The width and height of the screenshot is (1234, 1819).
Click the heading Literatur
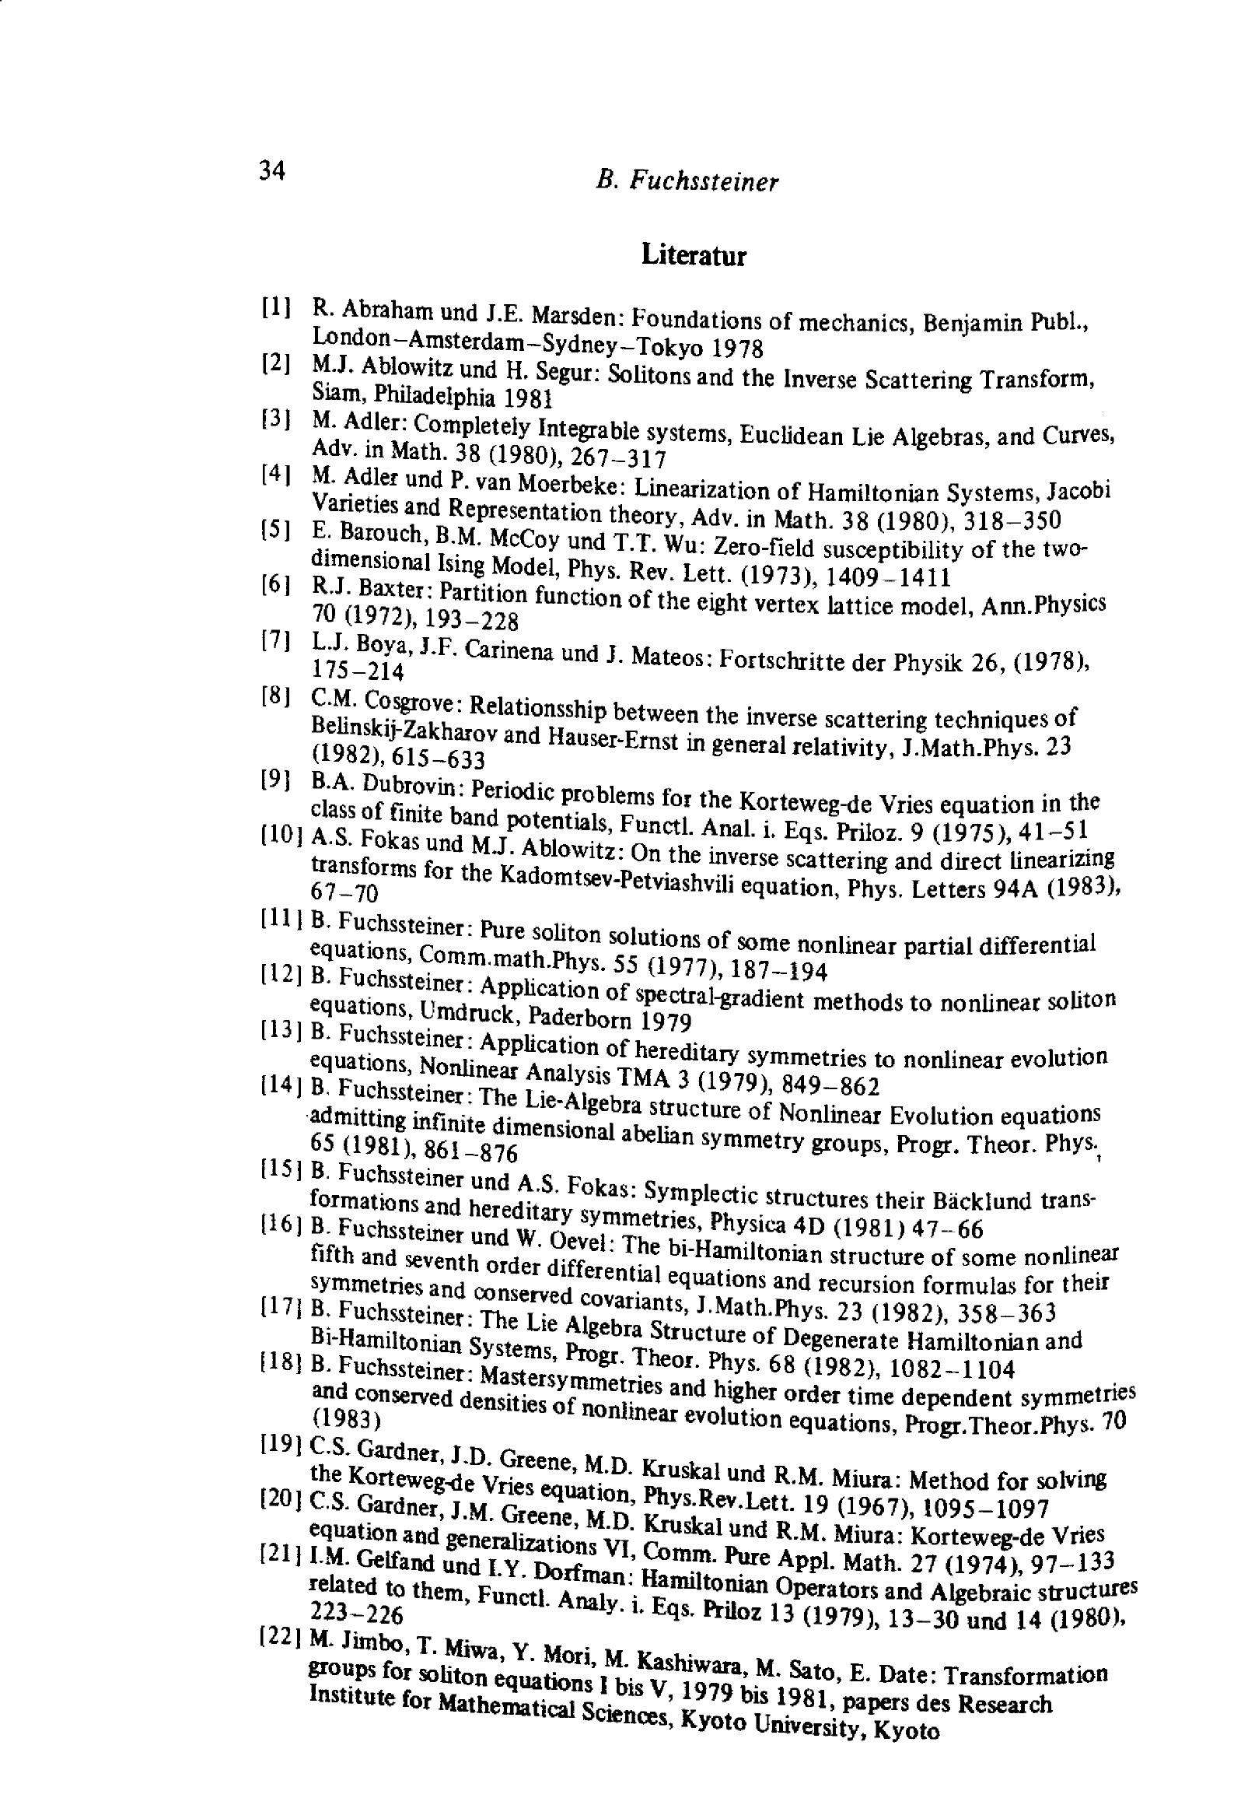click(x=694, y=255)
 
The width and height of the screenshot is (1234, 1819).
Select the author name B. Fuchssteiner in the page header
click(x=687, y=181)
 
